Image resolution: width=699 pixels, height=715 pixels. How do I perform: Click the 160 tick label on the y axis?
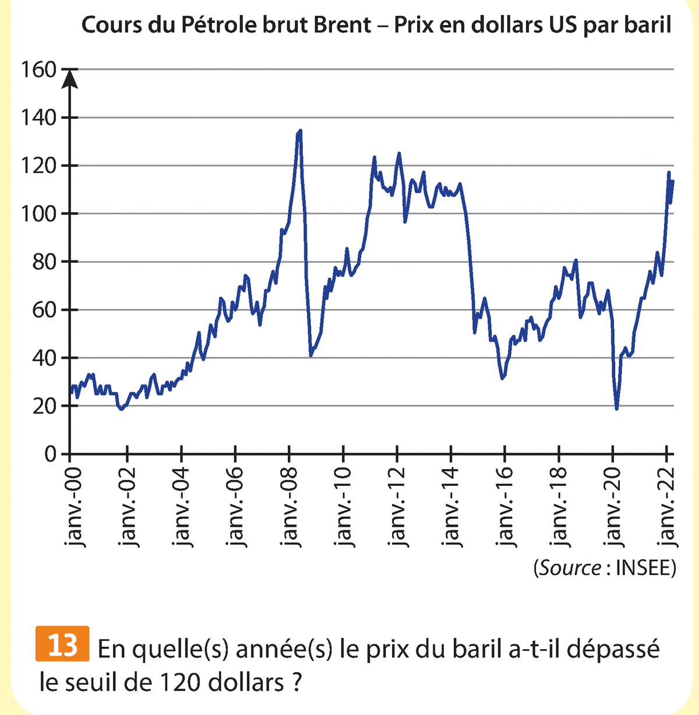pyautogui.click(x=38, y=70)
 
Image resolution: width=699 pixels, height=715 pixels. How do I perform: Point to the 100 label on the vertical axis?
pyautogui.click(x=38, y=214)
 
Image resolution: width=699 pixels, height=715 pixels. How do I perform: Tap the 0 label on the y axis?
pyautogui.click(x=51, y=454)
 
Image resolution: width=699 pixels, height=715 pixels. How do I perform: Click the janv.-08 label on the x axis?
pyautogui.click(x=290, y=506)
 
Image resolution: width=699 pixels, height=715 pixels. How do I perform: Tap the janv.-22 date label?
pyautogui.click(x=669, y=506)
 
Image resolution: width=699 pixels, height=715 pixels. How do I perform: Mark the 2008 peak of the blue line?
pyautogui.click(x=299, y=132)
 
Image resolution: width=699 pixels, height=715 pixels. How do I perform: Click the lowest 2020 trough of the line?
pyautogui.click(x=616, y=408)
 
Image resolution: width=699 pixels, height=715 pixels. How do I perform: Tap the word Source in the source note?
pyautogui.click(x=570, y=568)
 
